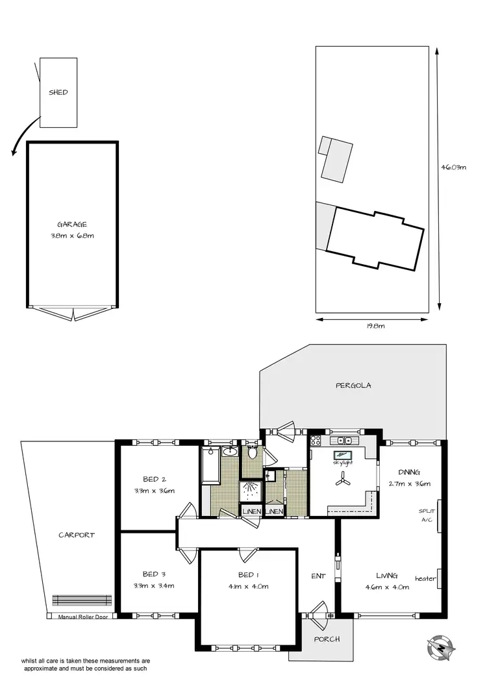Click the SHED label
(x=58, y=92)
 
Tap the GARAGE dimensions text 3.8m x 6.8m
(x=72, y=236)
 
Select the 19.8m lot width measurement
(x=372, y=326)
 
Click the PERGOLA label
(x=353, y=385)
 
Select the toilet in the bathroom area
(x=253, y=452)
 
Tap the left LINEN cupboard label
(x=251, y=511)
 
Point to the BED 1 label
(x=248, y=574)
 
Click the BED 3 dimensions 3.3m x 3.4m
(x=158, y=585)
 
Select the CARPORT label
(x=77, y=535)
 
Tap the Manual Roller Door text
(x=82, y=617)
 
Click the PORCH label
(x=326, y=639)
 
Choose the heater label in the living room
(x=425, y=578)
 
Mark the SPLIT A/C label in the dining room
(x=427, y=515)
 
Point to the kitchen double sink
(x=343, y=441)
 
